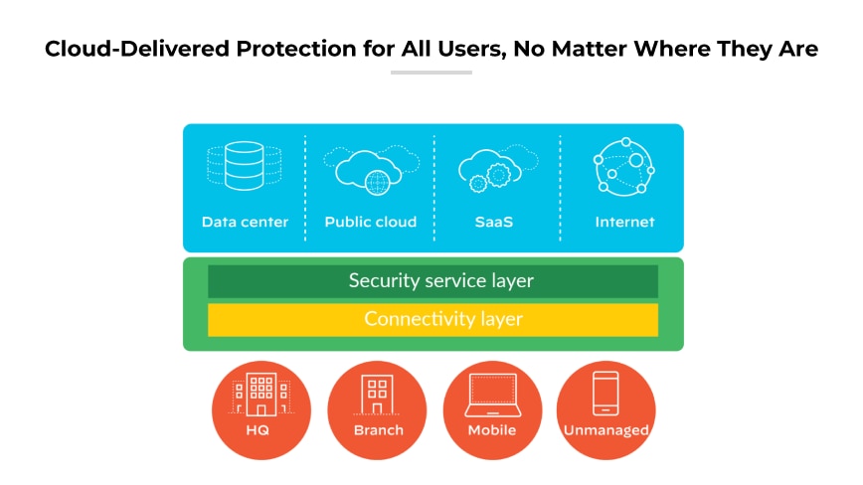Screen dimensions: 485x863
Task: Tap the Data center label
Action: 245,222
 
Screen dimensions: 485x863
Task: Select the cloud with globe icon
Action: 370,168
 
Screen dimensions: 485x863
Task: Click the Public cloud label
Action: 371,222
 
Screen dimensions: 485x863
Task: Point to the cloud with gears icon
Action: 494,168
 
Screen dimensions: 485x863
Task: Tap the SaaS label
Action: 494,222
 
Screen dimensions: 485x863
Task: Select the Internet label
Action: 624,222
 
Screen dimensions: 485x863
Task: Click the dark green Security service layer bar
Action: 432,281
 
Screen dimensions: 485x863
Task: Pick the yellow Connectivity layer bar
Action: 432,319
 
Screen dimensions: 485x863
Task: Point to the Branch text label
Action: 379,430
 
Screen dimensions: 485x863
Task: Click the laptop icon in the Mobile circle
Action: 492,396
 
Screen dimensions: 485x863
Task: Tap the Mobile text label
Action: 492,430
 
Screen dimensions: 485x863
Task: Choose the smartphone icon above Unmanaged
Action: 605,395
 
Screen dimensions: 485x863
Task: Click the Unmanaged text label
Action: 606,430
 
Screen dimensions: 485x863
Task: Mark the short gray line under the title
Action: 431,73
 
